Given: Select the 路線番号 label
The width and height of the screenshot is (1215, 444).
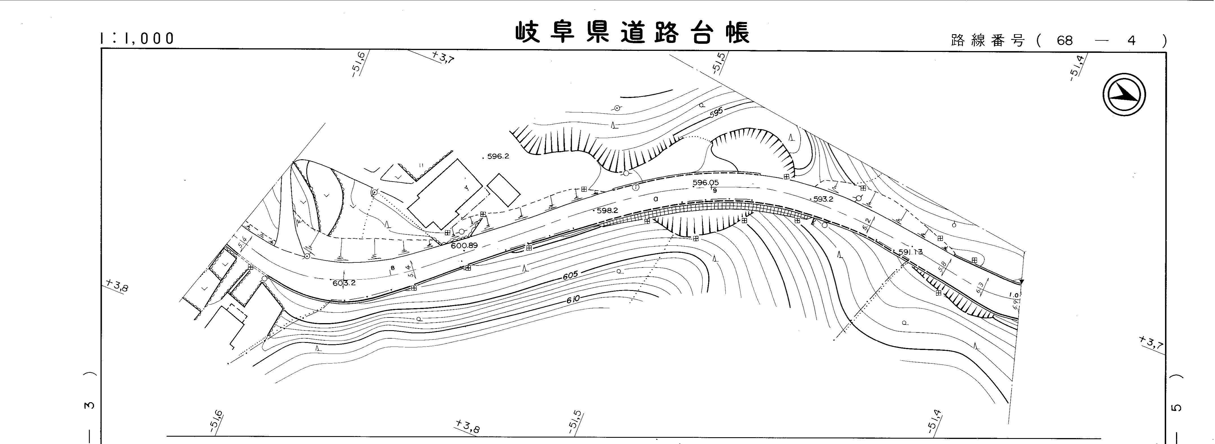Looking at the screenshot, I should click(x=988, y=41).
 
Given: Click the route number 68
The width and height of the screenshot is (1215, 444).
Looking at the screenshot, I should click(x=1065, y=41).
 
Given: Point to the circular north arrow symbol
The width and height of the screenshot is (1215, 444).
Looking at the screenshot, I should click(x=1125, y=95).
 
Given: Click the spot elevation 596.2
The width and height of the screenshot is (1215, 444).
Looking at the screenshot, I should click(x=498, y=156).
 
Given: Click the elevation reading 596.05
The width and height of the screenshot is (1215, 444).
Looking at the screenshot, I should click(x=706, y=182).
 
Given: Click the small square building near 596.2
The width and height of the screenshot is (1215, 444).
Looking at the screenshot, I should click(x=503, y=190).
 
